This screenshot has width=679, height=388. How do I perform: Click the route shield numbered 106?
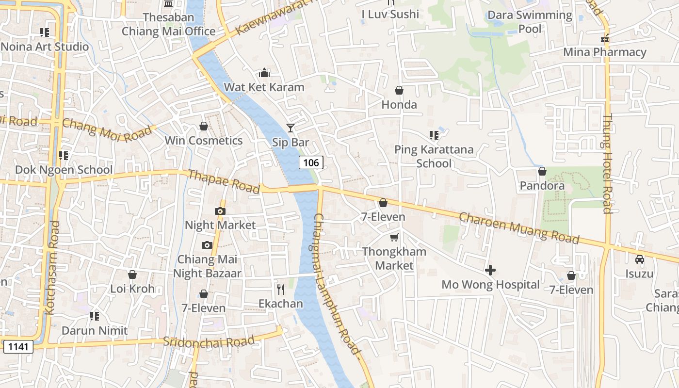pyautogui.click(x=311, y=163)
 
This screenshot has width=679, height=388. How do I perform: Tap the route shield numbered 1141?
pyautogui.click(x=18, y=346)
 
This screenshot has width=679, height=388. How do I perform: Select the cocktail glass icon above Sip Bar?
pyautogui.click(x=291, y=128)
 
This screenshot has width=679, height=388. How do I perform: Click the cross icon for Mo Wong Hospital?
pyautogui.click(x=490, y=270)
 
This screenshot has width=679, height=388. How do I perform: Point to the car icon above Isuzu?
pyautogui.click(x=639, y=259)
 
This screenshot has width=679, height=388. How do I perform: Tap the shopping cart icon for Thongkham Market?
pyautogui.click(x=394, y=237)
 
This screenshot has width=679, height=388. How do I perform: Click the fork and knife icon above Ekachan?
pyautogui.click(x=280, y=290)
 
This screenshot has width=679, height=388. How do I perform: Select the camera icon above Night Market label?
pyautogui.click(x=220, y=211)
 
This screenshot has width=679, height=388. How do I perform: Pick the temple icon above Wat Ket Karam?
pyautogui.click(x=264, y=73)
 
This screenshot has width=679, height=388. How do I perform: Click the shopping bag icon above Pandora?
pyautogui.click(x=542, y=171)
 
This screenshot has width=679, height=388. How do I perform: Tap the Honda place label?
pyautogui.click(x=399, y=105)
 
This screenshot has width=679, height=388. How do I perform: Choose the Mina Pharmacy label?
pyautogui.click(x=605, y=52)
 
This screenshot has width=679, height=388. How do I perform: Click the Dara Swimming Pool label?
pyautogui.click(x=530, y=22)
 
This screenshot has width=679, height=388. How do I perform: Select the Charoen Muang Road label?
pyautogui.click(x=519, y=227)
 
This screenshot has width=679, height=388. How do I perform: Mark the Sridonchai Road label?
pyautogui.click(x=209, y=341)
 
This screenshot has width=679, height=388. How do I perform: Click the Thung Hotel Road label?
pyautogui.click(x=607, y=163)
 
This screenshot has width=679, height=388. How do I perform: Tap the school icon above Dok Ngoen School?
pyautogui.click(x=64, y=156)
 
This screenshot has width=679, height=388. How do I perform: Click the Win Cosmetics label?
pyautogui.click(x=204, y=141)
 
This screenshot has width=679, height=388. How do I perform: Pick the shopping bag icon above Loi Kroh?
pyautogui.click(x=132, y=275)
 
